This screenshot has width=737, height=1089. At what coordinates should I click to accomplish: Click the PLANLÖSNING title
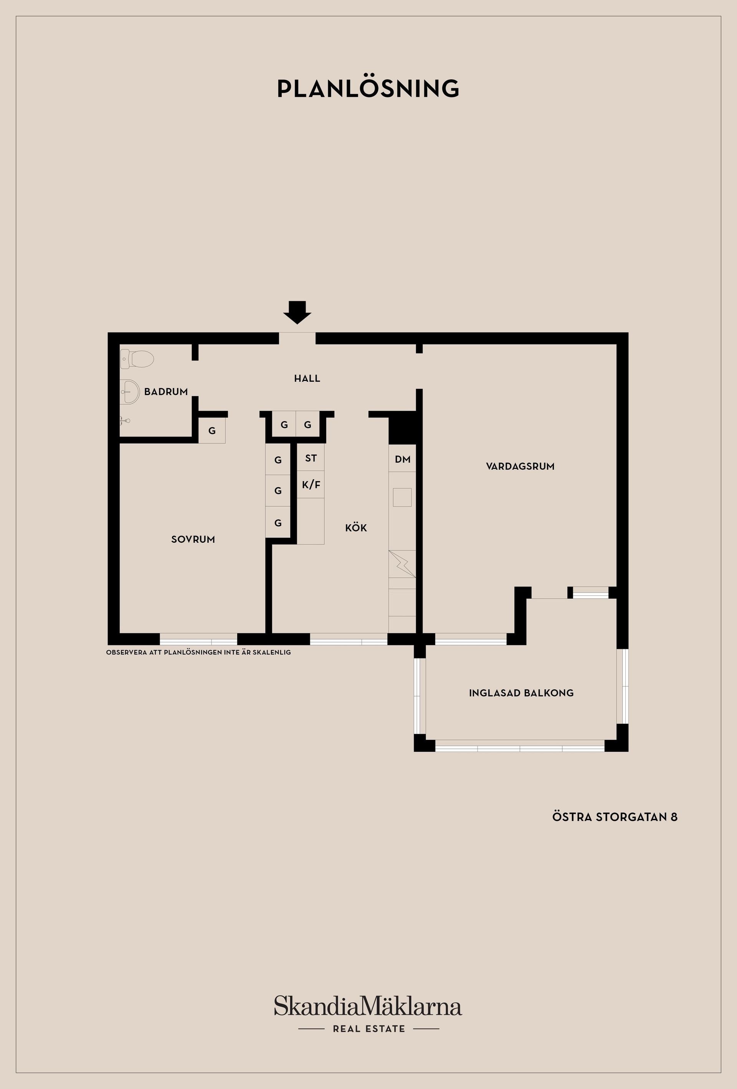click(x=368, y=89)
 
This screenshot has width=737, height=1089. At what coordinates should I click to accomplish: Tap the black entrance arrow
click(x=297, y=312)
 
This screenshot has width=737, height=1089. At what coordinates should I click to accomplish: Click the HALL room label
click(x=307, y=378)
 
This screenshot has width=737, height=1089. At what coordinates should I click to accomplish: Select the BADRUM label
click(x=166, y=391)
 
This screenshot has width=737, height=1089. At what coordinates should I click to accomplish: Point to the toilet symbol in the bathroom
click(x=138, y=359)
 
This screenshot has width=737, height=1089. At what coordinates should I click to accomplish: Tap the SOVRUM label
click(x=193, y=539)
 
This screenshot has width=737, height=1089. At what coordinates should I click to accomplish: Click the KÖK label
click(x=356, y=528)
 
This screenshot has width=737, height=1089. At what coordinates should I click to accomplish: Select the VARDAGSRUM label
click(x=520, y=466)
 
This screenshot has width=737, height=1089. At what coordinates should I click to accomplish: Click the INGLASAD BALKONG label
click(x=521, y=693)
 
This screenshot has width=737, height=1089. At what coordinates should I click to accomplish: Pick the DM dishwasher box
click(x=402, y=459)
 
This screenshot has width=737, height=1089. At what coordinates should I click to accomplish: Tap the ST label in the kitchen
click(x=311, y=458)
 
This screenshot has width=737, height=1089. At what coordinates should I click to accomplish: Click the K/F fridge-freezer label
click(x=311, y=484)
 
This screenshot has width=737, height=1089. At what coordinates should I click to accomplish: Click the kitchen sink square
click(x=402, y=497)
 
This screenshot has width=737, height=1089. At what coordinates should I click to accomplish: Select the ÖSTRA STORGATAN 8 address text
click(x=615, y=817)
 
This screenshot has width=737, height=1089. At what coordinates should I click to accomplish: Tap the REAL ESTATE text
click(x=369, y=1028)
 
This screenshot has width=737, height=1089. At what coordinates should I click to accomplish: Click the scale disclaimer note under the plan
click(x=198, y=652)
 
